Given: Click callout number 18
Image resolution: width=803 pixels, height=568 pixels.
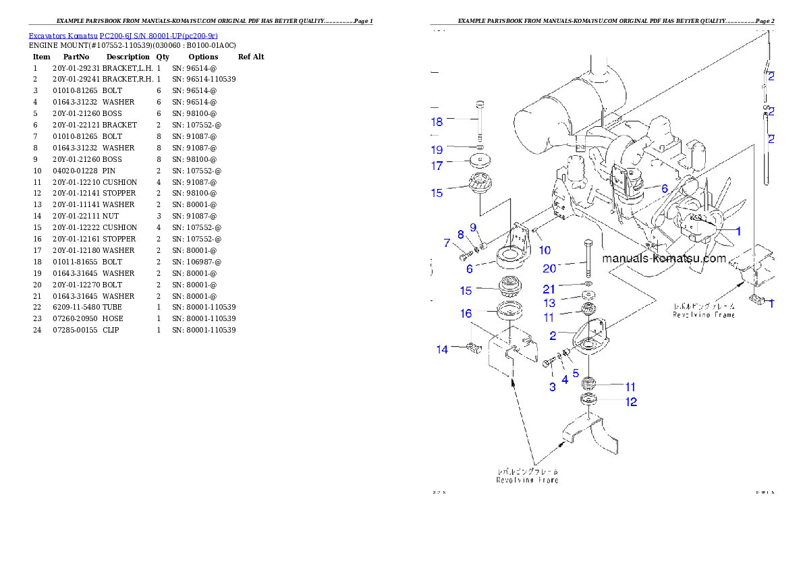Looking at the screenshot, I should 437,122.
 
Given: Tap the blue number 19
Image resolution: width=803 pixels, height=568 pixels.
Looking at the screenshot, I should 437,150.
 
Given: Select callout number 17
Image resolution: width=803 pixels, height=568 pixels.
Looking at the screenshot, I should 437,165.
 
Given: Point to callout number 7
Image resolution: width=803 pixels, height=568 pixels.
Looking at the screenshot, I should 447,243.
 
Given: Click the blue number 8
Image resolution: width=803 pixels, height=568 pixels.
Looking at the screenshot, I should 461,235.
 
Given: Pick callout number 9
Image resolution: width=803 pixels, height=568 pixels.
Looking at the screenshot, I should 473,227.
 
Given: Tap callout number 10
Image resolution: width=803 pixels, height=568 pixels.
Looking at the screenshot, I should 545,250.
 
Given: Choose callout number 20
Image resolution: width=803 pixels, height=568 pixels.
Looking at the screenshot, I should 550,268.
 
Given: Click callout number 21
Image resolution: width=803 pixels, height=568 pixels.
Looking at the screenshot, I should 550,289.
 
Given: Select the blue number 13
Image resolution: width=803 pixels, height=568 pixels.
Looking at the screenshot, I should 550,304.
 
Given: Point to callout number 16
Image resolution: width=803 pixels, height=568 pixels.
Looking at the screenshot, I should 466,314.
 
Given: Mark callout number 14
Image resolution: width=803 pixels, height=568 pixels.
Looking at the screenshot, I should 442,349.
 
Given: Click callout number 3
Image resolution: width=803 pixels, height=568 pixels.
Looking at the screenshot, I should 553,387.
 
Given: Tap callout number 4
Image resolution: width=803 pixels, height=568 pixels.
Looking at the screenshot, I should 565,380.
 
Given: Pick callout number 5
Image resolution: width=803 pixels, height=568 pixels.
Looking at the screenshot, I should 576,372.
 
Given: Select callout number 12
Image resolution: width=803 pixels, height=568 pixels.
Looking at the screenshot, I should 631,402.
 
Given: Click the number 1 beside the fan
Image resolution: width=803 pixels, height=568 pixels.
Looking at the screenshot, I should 738,231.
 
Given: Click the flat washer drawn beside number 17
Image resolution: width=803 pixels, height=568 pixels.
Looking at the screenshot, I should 478,163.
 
